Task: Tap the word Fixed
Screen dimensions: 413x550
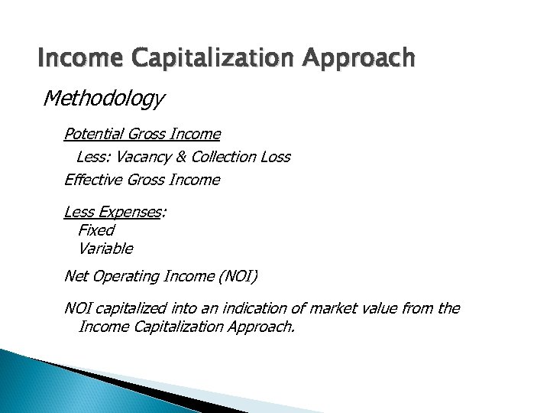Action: pyautogui.click(x=95, y=230)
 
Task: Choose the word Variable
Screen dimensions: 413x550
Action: pyautogui.click(x=105, y=249)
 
